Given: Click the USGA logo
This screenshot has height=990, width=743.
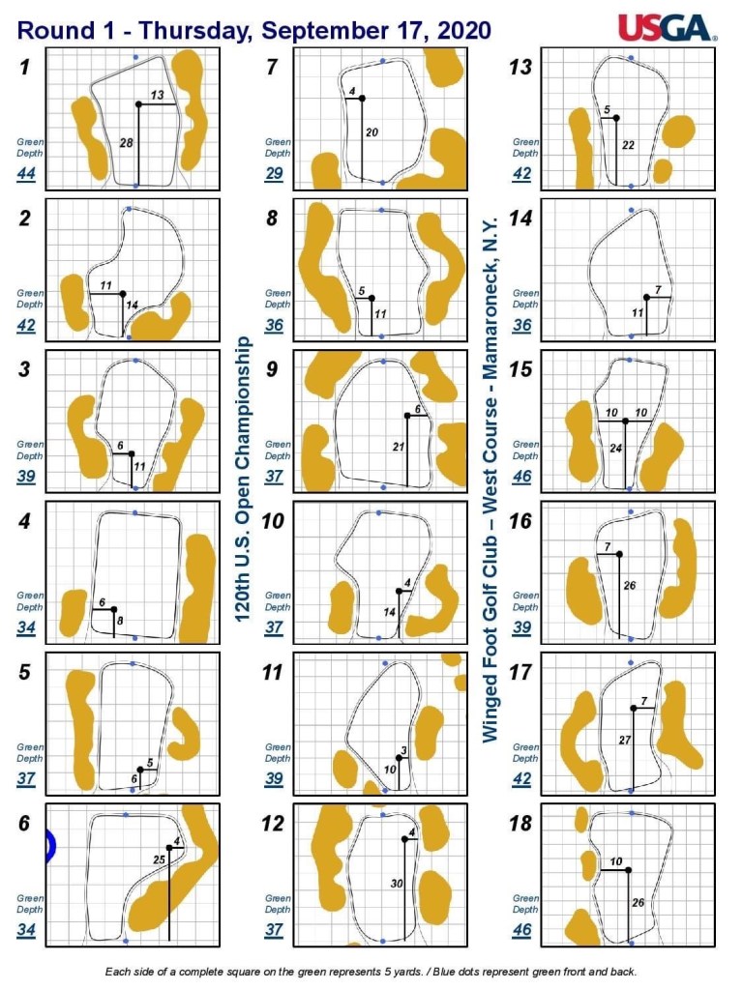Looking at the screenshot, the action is click(668, 28).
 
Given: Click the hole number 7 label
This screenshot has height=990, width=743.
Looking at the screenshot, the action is click(272, 67).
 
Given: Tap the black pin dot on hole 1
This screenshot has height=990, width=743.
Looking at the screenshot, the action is click(139, 104).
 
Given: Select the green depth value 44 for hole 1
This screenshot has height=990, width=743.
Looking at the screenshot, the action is click(26, 173).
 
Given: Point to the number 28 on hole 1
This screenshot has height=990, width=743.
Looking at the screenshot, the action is click(127, 143).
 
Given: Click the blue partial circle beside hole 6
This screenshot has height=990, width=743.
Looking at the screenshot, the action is click(51, 846).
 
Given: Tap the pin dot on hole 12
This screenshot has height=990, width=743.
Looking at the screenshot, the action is click(404, 839).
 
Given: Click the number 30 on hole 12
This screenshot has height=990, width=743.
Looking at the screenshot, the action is click(396, 884).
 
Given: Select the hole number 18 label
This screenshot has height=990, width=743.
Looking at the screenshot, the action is click(520, 823).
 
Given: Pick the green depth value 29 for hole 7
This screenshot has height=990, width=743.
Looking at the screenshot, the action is click(274, 173).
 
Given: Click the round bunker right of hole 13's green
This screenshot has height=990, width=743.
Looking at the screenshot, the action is click(678, 131).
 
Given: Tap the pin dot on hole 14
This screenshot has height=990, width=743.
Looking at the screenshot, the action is click(646, 298).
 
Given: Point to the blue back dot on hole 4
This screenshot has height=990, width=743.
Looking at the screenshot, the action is click(134, 512).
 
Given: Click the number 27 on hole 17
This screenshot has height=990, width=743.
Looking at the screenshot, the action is click(625, 740).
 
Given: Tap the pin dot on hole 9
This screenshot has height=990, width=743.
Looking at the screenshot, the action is click(408, 416).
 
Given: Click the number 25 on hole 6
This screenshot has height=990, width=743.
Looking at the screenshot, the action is click(160, 859).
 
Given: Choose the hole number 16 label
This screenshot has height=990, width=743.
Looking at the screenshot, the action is click(520, 521).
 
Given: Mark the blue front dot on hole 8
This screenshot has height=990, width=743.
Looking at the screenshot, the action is click(381, 336).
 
